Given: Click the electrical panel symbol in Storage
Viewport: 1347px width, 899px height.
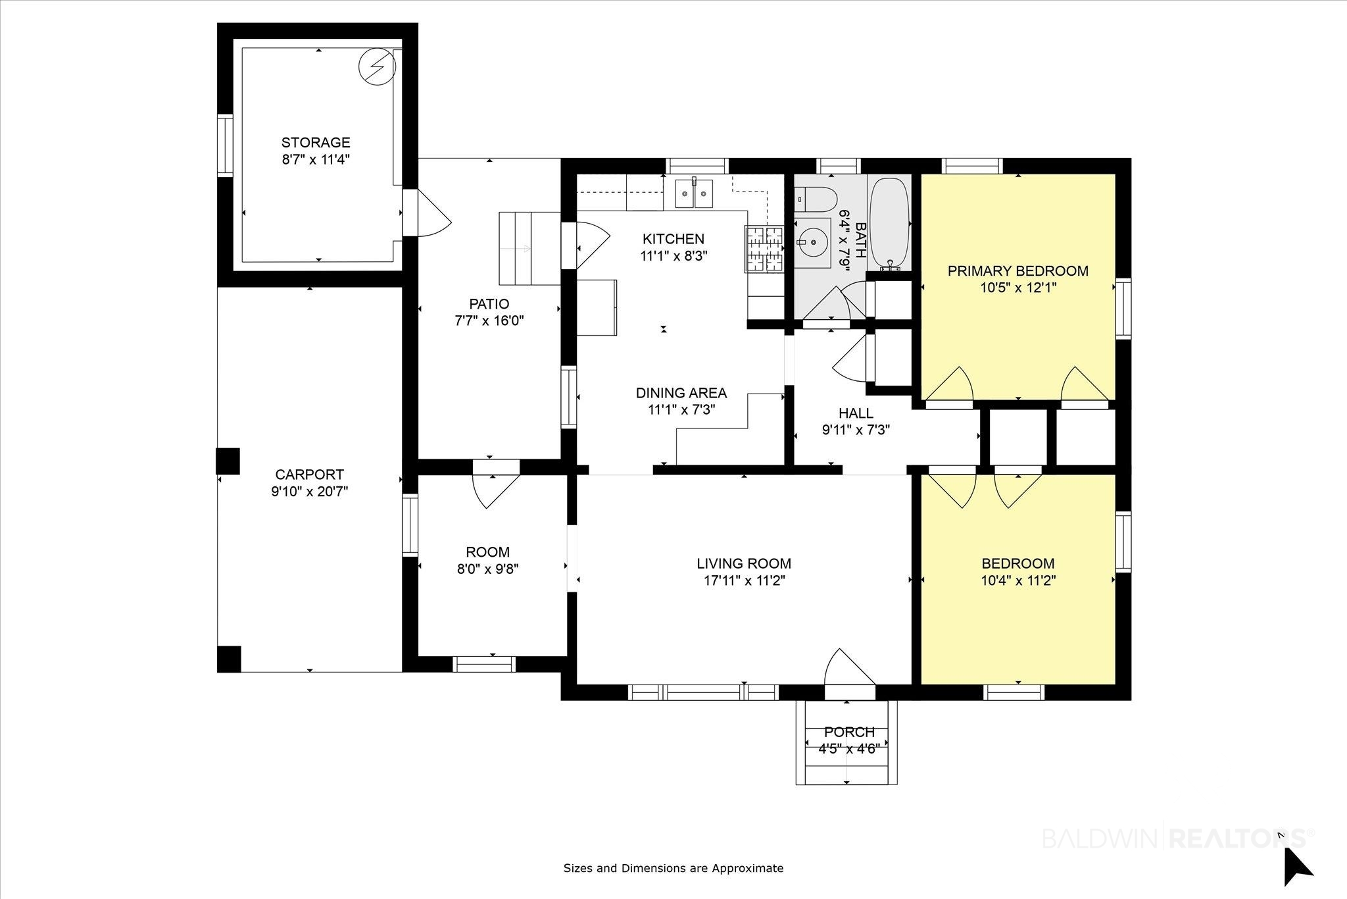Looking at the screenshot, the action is coord(378,67).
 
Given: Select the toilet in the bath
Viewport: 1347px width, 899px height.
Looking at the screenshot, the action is coord(815,197).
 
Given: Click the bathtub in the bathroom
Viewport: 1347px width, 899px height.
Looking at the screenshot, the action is coord(889,224).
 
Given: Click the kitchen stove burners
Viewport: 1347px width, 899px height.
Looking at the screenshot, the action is coord(764,249).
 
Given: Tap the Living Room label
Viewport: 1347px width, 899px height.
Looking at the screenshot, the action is coord(744,563).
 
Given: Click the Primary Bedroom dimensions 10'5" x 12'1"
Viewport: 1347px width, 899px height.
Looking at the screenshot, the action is coord(1017,288).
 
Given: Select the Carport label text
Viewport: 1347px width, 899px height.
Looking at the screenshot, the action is coord(309,474).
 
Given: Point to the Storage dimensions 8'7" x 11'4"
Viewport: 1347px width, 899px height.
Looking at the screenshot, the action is coord(316,159).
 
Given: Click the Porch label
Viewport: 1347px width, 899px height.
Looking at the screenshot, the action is coord(850,732).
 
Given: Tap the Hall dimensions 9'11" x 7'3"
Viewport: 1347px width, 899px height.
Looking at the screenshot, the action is coord(856,430).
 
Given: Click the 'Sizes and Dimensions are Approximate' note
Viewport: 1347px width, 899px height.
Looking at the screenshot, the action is coord(673,868).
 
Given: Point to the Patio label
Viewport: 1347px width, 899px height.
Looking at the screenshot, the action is coord(489,304).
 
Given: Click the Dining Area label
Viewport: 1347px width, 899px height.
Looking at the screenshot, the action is coord(681,393).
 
